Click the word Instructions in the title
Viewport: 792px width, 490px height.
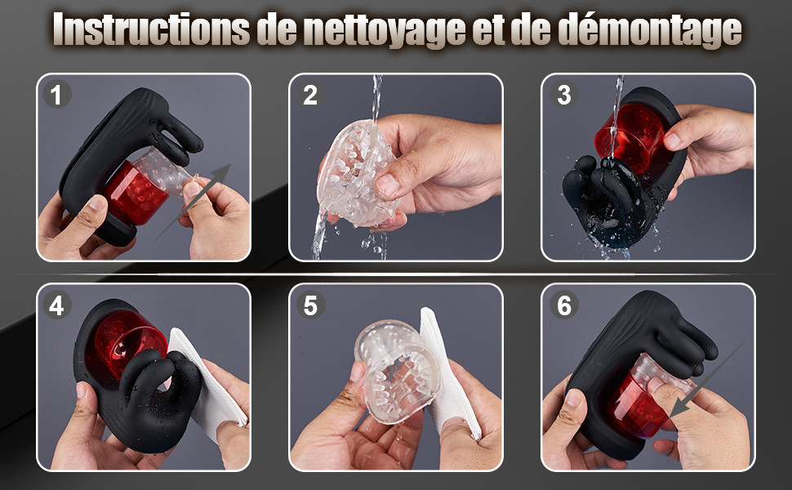pyautogui.click(x=151, y=29)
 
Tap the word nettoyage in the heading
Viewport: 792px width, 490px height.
pyautogui.click(x=385, y=30)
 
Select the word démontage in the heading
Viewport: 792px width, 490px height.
pyautogui.click(x=649, y=29)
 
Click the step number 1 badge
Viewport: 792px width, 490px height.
pyautogui.click(x=56, y=95)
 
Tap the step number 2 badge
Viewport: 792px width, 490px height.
pyautogui.click(x=309, y=95)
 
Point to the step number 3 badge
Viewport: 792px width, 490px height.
pyautogui.click(x=563, y=95)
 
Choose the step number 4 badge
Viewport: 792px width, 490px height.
pyautogui.click(x=56, y=305)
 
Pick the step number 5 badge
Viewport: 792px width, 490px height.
pyautogui.click(x=309, y=305)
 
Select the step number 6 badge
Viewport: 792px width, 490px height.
pyautogui.click(x=563, y=305)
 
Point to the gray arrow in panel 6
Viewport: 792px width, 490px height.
pyautogui.click(x=707, y=379)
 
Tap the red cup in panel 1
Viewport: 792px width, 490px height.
pyautogui.click(x=134, y=193)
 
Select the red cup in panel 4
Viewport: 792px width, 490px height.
pyautogui.click(x=129, y=342)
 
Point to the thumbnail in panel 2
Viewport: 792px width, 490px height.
pyautogui.click(x=387, y=185)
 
